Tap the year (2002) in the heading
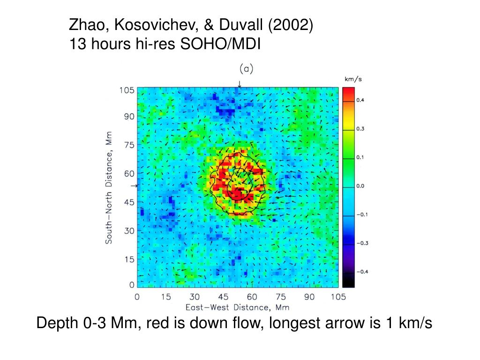tap(290, 24)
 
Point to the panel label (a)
tap(246, 69)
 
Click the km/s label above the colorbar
tap(353, 80)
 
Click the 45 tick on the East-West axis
tap(223, 297)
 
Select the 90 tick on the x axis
tap(309, 297)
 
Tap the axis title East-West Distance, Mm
tap(237, 307)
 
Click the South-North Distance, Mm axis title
tap(109, 187)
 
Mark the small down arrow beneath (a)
tap(240, 84)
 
